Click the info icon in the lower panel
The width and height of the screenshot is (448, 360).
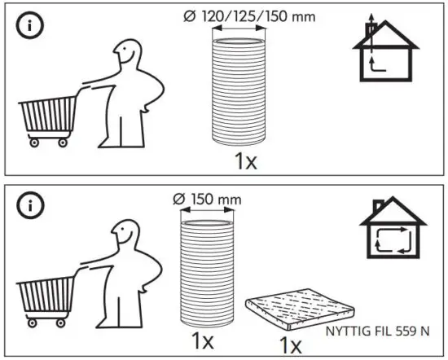(24, 206)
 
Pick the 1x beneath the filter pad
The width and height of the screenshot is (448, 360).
(290, 345)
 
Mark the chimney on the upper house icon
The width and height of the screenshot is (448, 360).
(371, 30)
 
